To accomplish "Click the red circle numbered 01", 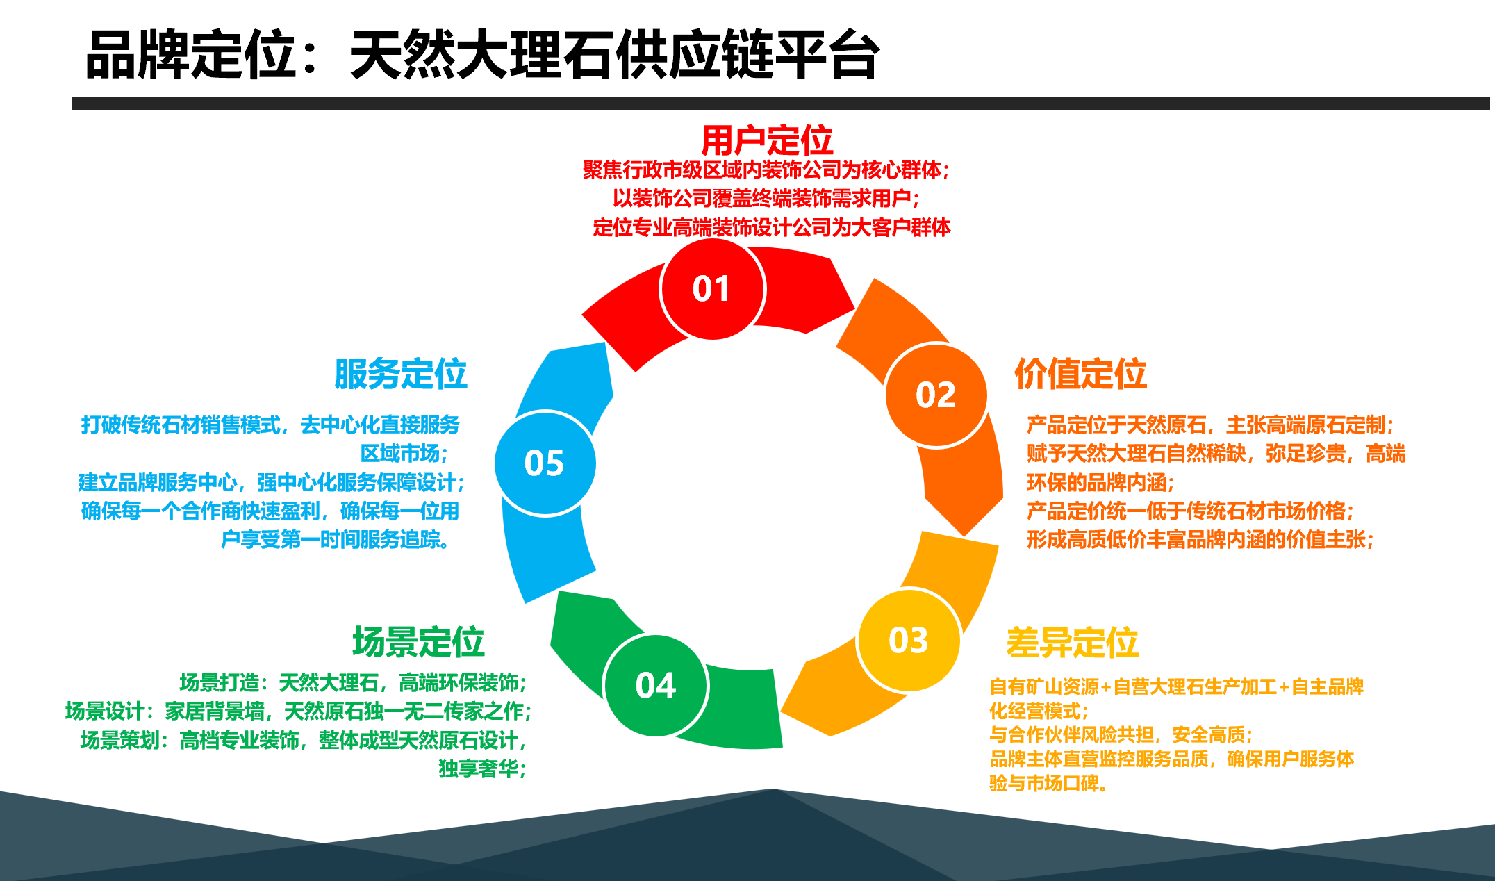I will click(712, 288).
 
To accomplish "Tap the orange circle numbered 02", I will click(936, 395).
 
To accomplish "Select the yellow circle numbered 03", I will click(909, 640).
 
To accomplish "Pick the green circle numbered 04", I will click(656, 685).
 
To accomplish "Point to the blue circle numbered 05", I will click(545, 463).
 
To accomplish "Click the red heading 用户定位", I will click(766, 141).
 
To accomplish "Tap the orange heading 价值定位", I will click(1080, 374).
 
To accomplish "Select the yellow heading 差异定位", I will click(1072, 642).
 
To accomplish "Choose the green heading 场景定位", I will click(418, 641).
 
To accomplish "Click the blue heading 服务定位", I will click(401, 374).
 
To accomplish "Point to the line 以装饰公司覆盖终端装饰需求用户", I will click(766, 199).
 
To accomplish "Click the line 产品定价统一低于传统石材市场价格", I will click(1189, 511).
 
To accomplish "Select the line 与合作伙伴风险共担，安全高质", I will click(1120, 734).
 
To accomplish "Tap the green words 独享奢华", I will click(482, 768).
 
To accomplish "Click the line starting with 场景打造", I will click(353, 683).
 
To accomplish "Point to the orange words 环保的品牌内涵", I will click(1100, 482).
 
